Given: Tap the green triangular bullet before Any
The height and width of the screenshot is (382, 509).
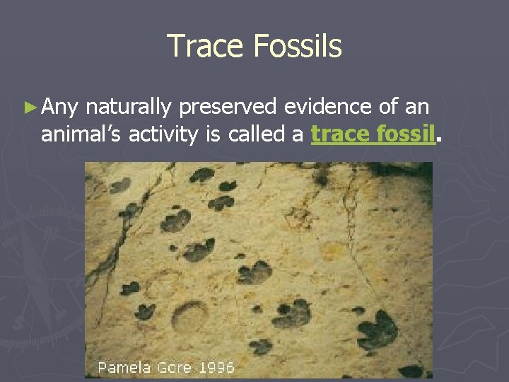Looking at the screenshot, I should [x=29, y=108].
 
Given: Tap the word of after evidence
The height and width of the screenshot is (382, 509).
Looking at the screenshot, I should [x=387, y=107].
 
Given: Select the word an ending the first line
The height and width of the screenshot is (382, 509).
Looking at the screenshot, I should [x=417, y=108].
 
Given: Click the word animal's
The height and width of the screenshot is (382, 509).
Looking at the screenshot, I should [x=82, y=134].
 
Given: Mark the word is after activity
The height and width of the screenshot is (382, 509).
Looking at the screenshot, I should [x=213, y=134].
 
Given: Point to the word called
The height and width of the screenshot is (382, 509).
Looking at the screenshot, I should [x=257, y=134].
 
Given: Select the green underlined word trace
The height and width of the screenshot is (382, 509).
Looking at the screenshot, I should [x=336, y=134].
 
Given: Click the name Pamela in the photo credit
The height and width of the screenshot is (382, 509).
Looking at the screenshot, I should [x=122, y=368].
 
